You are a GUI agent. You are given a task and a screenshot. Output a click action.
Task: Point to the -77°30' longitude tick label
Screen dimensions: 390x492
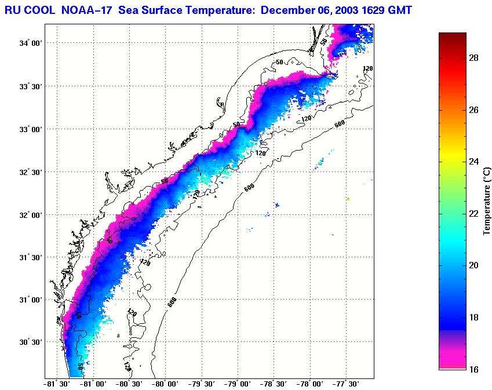pos(347,384)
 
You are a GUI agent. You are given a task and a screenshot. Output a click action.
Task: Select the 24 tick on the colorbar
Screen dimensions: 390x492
pos(473,162)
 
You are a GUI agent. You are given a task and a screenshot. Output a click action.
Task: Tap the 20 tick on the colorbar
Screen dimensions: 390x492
pos(473,265)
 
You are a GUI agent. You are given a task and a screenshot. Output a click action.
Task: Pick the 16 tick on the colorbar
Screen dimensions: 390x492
pos(473,369)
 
